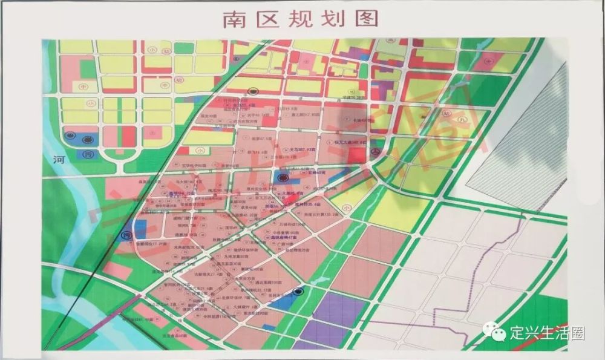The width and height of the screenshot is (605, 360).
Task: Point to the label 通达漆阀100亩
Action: (268, 282)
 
